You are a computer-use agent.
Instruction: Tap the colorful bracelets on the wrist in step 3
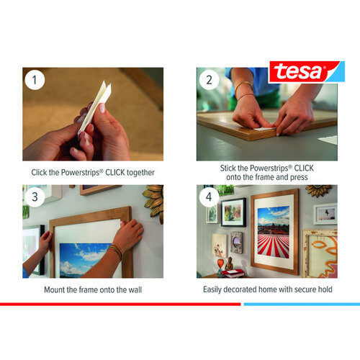115,252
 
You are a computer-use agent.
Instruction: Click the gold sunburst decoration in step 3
153,202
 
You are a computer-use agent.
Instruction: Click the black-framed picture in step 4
233,212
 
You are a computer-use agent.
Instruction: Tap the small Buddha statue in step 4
229,265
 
